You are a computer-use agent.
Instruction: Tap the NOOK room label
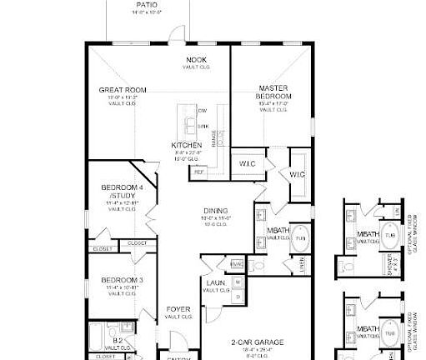[x=196, y=61]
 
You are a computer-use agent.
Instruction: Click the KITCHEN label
[x=186, y=145]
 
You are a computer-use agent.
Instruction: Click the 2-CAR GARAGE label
[x=258, y=342]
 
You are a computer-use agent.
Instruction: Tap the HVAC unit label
[x=237, y=263]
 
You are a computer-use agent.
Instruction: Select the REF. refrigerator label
[x=198, y=172]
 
